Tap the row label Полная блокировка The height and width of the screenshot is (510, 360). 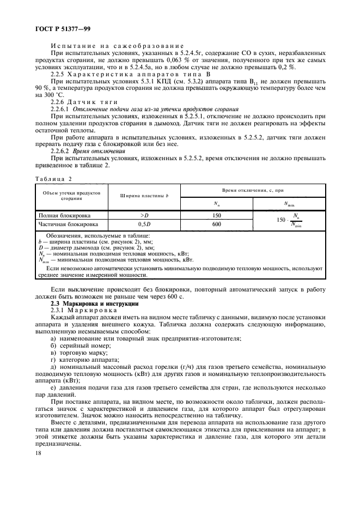click(x=60, y=215)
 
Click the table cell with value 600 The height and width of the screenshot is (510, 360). click(x=216, y=224)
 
